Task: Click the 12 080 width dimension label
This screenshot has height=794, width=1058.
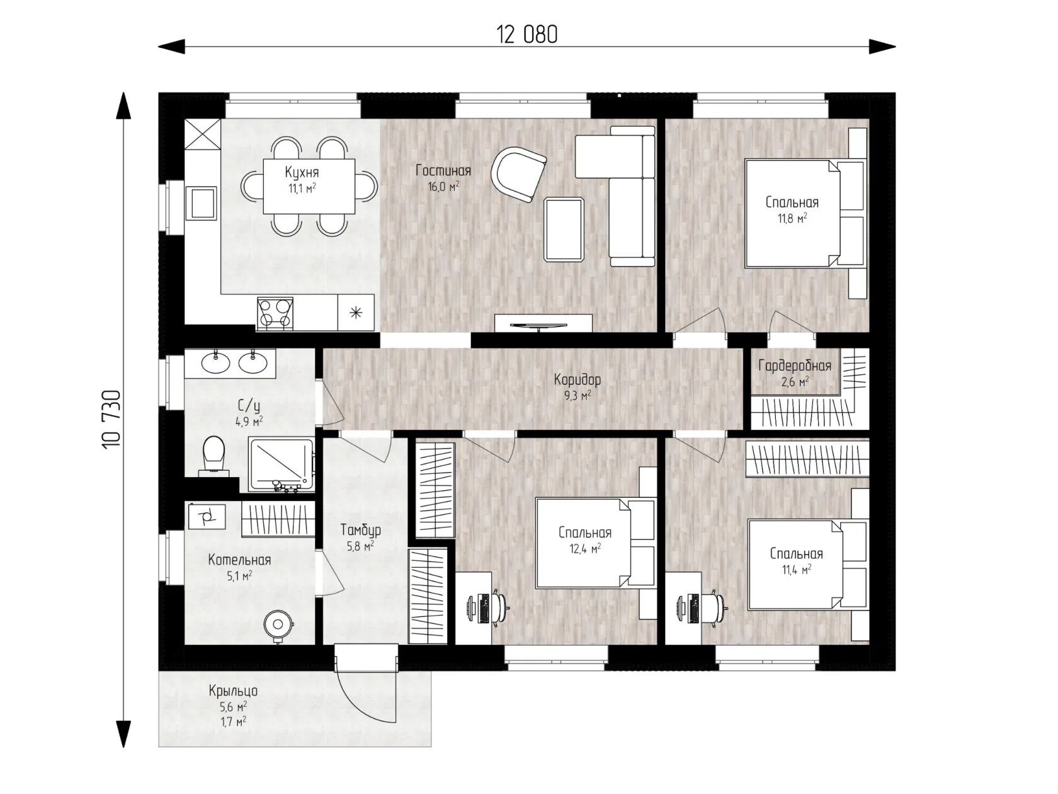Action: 527,35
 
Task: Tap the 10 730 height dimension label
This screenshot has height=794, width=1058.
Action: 111,420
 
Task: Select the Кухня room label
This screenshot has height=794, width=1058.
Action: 302,172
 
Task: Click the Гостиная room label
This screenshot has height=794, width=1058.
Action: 443,171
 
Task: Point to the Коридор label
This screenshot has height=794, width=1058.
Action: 577,380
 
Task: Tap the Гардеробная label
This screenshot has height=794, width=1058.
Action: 795,366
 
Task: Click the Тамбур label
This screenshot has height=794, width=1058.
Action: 361,530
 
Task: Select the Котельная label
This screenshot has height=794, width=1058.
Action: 239,560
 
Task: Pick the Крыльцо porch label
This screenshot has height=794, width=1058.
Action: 233,691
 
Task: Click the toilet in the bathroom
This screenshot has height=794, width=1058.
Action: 214,456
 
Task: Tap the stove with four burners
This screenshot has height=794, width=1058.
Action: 275,313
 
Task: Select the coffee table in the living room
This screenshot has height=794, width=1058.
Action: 564,229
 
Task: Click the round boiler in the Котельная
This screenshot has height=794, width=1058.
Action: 278,624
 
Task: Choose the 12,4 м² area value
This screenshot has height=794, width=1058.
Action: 584,549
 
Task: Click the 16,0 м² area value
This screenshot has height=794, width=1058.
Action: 443,187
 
